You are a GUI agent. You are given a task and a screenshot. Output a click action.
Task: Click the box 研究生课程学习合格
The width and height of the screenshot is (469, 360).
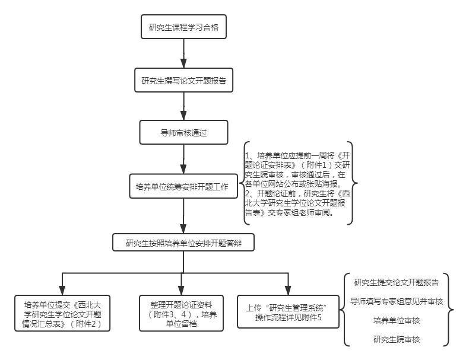183,27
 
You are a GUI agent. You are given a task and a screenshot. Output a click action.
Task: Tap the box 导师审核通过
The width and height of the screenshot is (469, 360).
183,133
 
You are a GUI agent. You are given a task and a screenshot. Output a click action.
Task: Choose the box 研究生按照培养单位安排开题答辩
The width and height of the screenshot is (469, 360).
183,243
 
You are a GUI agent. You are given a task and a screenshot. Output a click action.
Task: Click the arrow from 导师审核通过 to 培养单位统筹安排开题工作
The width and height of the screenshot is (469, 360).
183,160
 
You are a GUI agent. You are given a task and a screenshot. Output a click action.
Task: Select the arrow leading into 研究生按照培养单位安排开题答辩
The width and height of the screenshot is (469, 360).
183,216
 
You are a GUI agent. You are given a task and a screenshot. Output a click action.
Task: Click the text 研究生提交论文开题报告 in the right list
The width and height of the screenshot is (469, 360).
397,282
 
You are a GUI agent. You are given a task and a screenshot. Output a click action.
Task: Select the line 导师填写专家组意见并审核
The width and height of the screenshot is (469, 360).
397,301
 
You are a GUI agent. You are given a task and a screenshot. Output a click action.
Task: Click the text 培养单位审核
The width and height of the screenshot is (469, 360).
397,320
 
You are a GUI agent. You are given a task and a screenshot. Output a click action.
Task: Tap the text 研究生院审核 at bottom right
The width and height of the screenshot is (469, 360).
397,339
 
